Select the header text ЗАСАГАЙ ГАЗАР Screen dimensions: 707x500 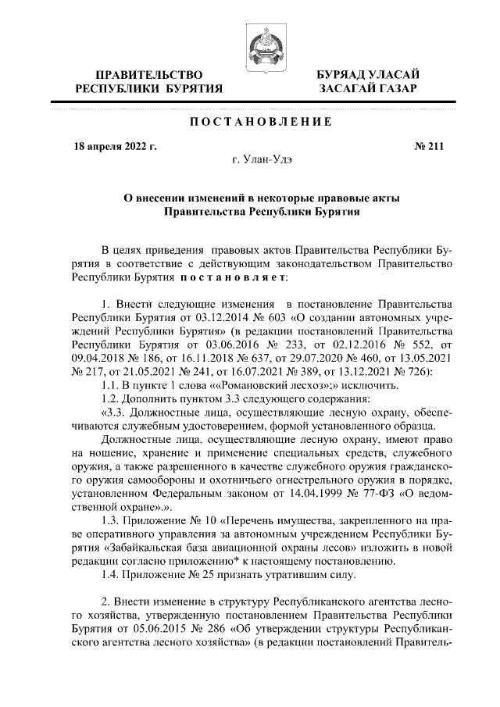(367, 89)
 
